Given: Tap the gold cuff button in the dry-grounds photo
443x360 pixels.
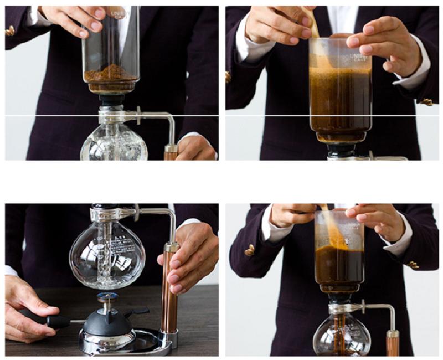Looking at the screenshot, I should [10, 31].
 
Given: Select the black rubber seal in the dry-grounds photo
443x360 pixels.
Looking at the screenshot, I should [111, 100].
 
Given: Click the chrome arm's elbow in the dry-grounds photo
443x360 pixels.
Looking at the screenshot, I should [168, 118].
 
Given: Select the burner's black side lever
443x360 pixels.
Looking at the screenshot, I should [136, 311].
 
